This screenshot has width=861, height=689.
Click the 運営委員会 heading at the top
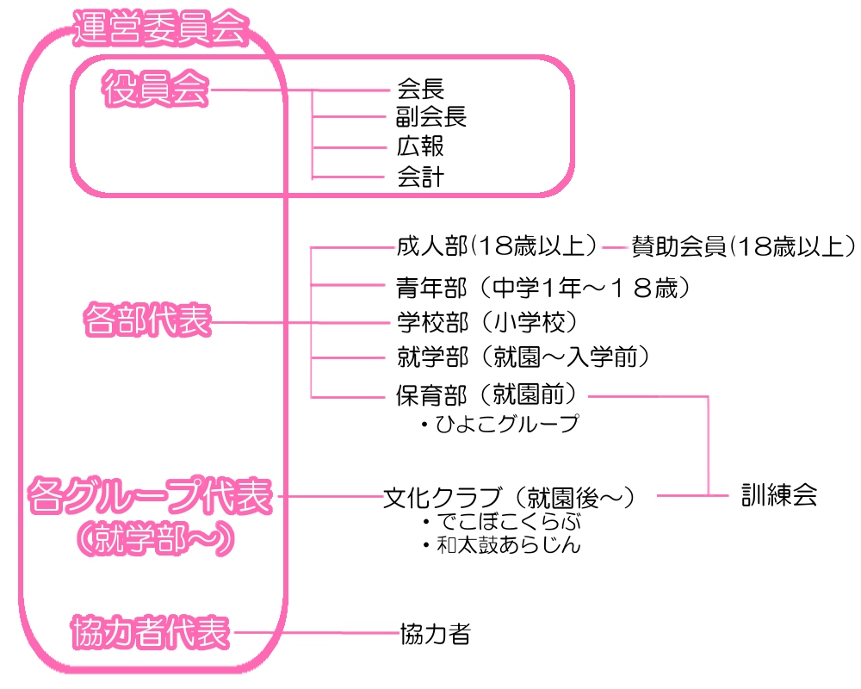point(160,28)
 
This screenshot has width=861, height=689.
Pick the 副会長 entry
point(431,117)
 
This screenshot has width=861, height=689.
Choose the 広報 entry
point(420,147)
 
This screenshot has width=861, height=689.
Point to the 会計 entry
point(420,177)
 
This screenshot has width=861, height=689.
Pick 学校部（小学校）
point(486,322)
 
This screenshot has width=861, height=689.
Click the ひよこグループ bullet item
point(499,425)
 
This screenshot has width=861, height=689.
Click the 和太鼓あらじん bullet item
point(503,545)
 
